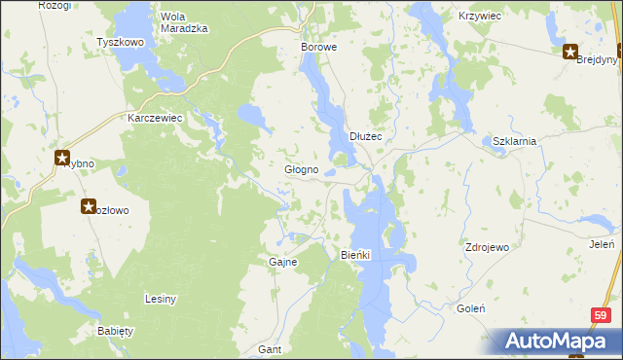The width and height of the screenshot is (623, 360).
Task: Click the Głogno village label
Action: pyautogui.click(x=301, y=170)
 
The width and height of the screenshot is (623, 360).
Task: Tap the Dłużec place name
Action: pyautogui.click(x=366, y=137)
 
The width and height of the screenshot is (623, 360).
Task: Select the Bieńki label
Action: pyautogui.click(x=357, y=255)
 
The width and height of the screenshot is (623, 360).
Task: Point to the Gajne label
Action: pyautogui.click(x=282, y=263)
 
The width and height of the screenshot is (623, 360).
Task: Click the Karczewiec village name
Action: pyautogui.click(x=156, y=118)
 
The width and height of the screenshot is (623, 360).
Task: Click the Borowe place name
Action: pyautogui.click(x=318, y=47)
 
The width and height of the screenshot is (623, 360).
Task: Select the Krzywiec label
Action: pyautogui.click(x=480, y=18)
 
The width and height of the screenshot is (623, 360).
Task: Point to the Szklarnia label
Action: pyautogui.click(x=515, y=141)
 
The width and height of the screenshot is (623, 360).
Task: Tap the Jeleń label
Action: pyautogui.click(x=602, y=244)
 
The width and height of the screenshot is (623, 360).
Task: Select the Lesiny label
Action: pyautogui.click(x=160, y=299)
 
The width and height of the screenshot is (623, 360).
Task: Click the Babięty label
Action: pyautogui.click(x=115, y=331)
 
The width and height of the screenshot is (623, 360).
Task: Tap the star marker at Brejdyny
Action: pyautogui.click(x=569, y=53)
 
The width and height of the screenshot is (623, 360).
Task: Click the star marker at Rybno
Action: pyautogui.click(x=62, y=157)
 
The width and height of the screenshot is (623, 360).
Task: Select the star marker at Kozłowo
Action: pyautogui.click(x=89, y=206)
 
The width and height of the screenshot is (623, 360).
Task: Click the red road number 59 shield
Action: pyautogui.click(x=603, y=315)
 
